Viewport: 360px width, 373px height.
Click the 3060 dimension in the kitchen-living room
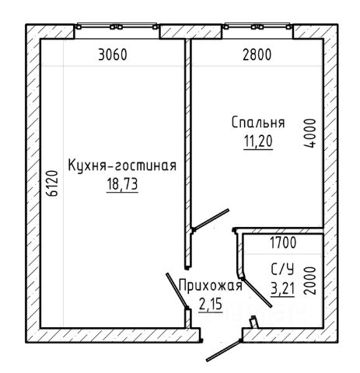pos(113,55)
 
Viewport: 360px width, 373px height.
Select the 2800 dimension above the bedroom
pos(257,55)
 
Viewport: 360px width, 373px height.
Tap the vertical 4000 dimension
pos(310,134)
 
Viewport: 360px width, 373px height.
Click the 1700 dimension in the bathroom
pos(283,243)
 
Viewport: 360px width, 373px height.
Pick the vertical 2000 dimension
pos(310,281)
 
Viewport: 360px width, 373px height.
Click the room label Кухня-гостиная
pos(122,166)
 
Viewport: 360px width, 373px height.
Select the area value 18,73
pos(122,184)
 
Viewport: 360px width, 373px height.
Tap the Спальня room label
pos(258,123)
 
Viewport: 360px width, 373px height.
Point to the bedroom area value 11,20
pos(258,141)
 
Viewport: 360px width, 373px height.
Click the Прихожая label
pos(211,286)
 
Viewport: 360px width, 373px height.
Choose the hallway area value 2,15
pos(211,304)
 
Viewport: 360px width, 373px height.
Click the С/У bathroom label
pos(282,270)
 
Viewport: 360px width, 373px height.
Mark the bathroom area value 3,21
pos(282,288)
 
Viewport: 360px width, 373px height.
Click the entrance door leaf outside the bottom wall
pos(225,350)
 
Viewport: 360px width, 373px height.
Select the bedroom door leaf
pos(211,219)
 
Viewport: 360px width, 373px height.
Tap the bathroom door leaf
pos(257,293)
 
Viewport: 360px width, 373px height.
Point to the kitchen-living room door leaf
pos(177,291)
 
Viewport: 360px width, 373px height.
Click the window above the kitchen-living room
pos(117,26)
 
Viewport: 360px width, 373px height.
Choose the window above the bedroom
pos(257,26)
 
